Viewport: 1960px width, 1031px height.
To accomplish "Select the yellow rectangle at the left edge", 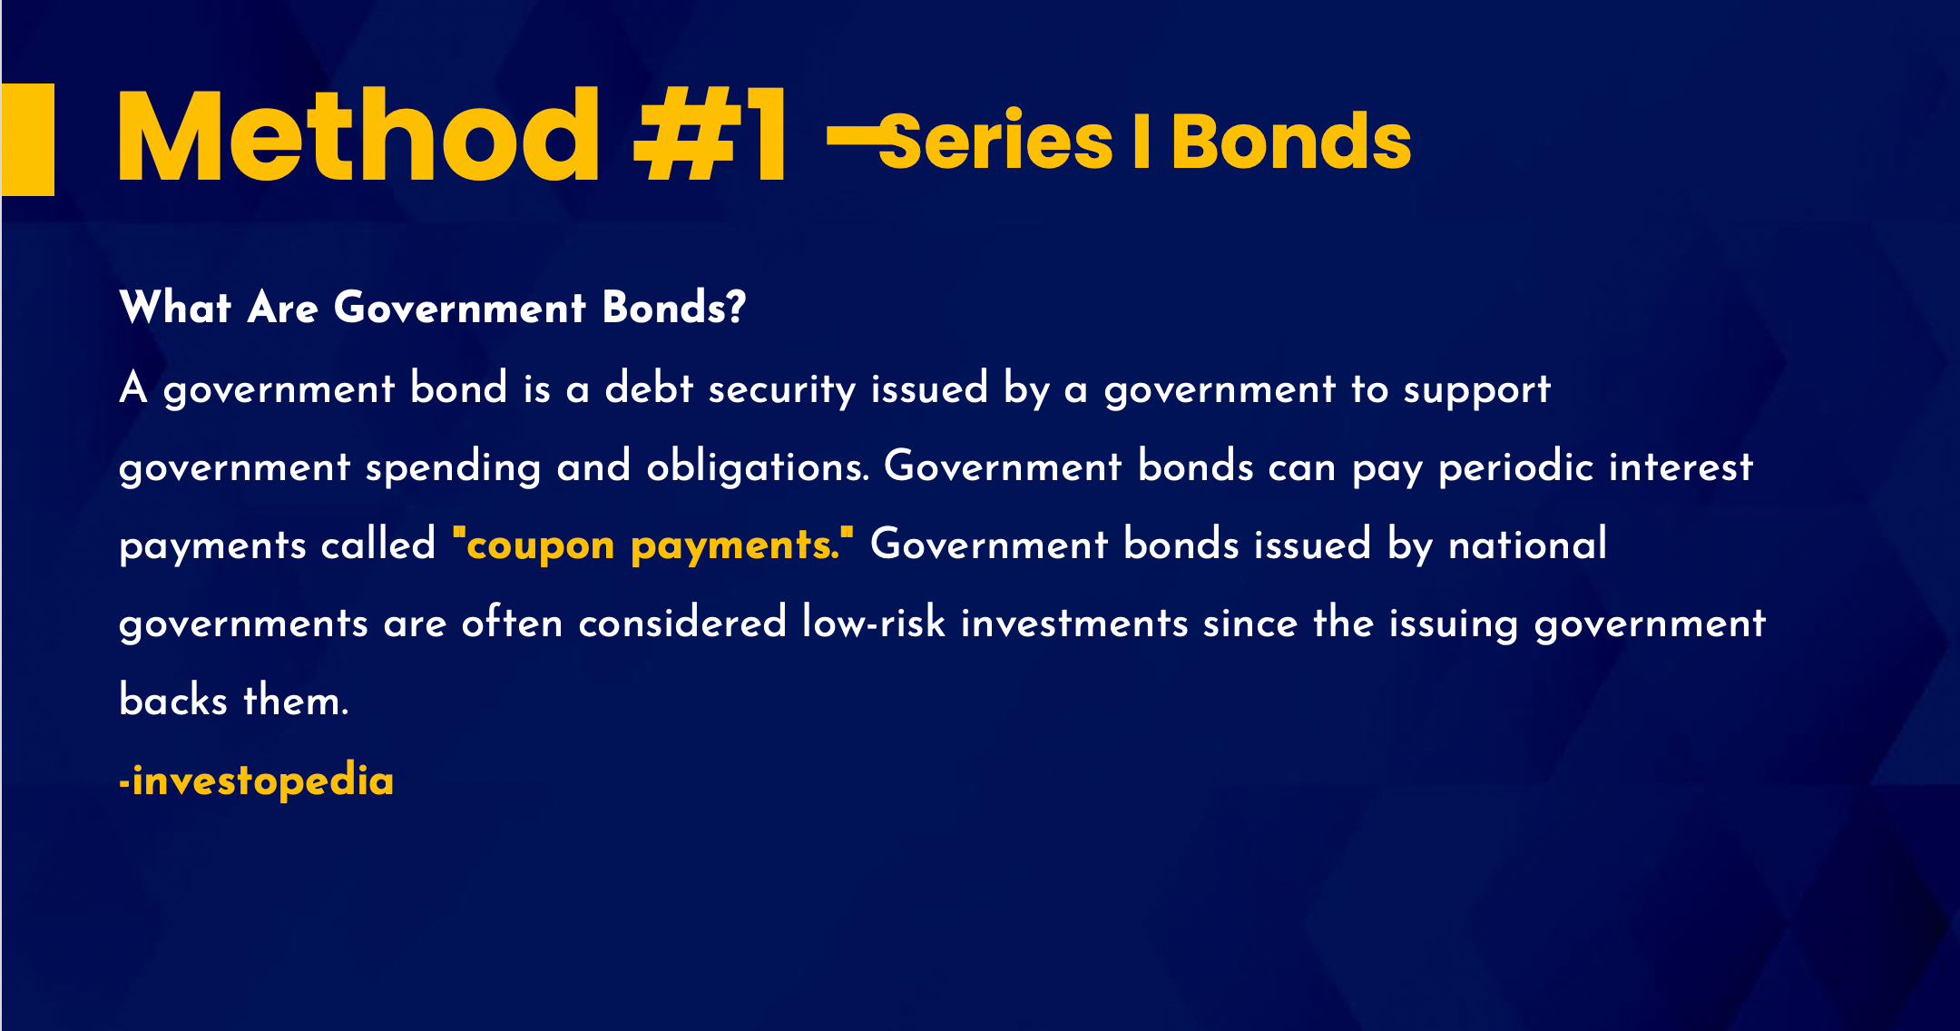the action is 27,140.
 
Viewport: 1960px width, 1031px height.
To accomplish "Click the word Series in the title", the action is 995,141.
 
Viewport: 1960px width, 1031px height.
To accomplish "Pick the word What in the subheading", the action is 175,308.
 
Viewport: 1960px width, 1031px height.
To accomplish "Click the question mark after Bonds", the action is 736,307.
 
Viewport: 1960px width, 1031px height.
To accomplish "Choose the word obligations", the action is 758,467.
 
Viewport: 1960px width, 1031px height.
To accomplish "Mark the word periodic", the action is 1515,468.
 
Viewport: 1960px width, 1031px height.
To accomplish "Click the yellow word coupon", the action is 541,546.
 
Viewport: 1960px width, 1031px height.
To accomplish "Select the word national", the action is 1528,545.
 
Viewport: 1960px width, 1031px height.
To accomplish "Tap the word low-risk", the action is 874,623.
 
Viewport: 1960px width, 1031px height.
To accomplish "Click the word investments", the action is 1074,624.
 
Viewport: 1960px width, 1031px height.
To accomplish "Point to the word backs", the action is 173,700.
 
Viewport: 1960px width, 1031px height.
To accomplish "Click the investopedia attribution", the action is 257,781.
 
